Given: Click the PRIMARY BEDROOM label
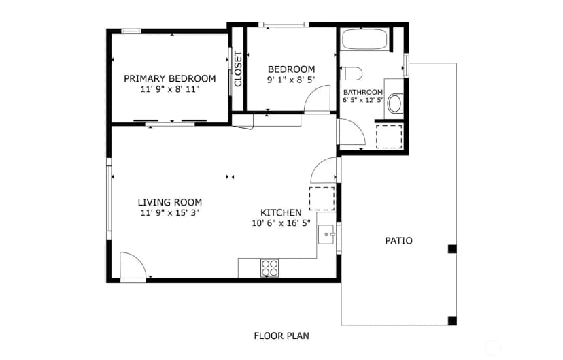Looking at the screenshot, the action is (170, 78).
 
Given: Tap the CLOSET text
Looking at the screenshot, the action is (238, 69).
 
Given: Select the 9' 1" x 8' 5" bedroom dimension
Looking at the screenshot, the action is (291, 80).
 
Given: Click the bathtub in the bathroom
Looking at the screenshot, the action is (364, 39).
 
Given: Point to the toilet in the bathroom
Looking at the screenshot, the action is (351, 73).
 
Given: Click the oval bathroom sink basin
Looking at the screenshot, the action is (395, 103).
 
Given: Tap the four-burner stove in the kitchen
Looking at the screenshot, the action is (270, 268).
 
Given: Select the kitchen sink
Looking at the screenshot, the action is (326, 235).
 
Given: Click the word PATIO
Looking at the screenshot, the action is (398, 241).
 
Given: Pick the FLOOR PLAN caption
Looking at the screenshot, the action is (281, 336).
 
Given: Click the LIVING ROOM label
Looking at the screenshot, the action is (170, 202).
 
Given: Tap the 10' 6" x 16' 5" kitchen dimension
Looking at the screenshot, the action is (281, 223).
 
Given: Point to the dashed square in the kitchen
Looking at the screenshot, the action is (322, 199).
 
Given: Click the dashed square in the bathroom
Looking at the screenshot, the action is (389, 137).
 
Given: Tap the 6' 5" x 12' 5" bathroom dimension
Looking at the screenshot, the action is (363, 100).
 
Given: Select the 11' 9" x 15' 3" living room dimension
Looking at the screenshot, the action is (170, 213).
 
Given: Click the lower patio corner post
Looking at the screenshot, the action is (452, 321).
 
